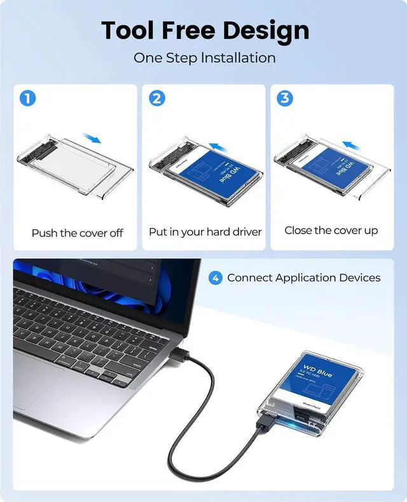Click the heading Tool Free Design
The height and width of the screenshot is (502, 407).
(204, 30)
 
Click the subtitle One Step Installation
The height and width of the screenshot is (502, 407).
(204, 58)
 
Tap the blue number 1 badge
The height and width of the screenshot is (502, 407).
(28, 99)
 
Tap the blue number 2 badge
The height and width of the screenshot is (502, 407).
(157, 99)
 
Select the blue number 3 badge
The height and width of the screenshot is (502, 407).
(286, 99)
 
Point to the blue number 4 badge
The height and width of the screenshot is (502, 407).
(216, 278)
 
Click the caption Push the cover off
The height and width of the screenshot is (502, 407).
(77, 233)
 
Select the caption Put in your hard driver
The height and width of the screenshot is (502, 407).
(205, 232)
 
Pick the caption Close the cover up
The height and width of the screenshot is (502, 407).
(331, 230)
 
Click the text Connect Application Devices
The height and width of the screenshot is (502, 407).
(303, 278)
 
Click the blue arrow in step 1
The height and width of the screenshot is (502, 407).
(92, 138)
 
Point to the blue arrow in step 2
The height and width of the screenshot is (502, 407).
(219, 147)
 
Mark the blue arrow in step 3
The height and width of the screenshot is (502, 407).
(352, 145)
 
